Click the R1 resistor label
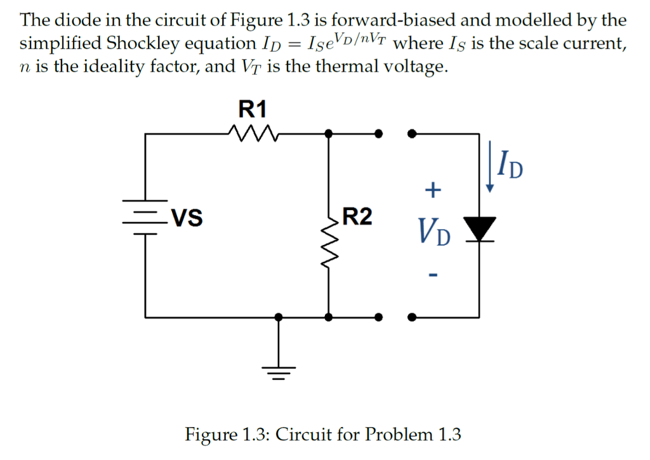point(252,110)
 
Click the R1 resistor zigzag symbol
point(251,133)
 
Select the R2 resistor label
point(357,217)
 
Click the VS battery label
point(187,219)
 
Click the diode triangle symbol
point(479,228)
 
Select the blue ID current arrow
point(490,168)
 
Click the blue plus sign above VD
point(432,189)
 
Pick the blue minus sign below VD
point(432,275)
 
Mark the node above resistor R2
point(328,134)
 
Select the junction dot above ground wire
point(277,316)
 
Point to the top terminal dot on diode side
point(413,134)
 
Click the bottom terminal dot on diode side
point(413,316)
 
